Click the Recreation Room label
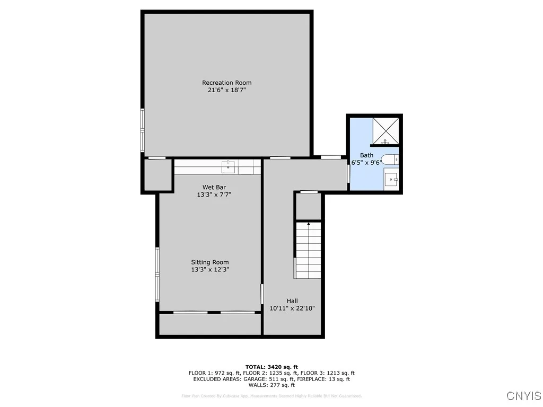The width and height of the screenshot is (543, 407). (226, 83)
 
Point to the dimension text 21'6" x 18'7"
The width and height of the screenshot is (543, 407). (226, 90)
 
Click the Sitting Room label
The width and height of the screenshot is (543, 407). (210, 262)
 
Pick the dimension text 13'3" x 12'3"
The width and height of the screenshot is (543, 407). (210, 270)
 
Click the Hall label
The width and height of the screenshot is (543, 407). (292, 301)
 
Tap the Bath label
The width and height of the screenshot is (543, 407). (366, 155)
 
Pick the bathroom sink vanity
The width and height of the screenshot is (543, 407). (391, 179)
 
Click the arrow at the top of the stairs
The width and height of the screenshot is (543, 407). (309, 224)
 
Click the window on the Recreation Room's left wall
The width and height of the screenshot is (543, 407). (142, 130)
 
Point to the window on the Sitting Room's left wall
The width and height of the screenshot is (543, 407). (157, 275)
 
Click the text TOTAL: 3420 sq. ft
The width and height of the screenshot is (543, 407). (271, 367)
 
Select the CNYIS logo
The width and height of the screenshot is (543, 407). (523, 396)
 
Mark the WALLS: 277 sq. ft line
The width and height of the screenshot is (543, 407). (271, 385)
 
